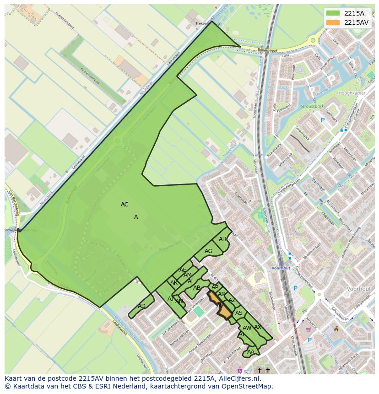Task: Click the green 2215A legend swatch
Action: click(333, 13)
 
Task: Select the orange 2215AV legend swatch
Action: click(333, 22)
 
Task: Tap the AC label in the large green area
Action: click(125, 205)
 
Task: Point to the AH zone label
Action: click(222, 239)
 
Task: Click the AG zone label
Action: click(208, 251)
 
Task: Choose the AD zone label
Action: click(141, 306)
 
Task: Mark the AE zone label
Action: click(183, 270)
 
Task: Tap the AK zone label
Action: click(174, 283)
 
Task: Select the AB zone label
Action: click(197, 288)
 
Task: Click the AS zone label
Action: click(238, 313)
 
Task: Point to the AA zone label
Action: click(250, 352)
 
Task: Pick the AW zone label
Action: click(247, 328)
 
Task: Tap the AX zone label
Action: click(258, 327)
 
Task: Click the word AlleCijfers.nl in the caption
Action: click(239, 378)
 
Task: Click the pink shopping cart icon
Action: click(309, 329)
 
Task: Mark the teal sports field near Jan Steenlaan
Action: click(198, 311)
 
